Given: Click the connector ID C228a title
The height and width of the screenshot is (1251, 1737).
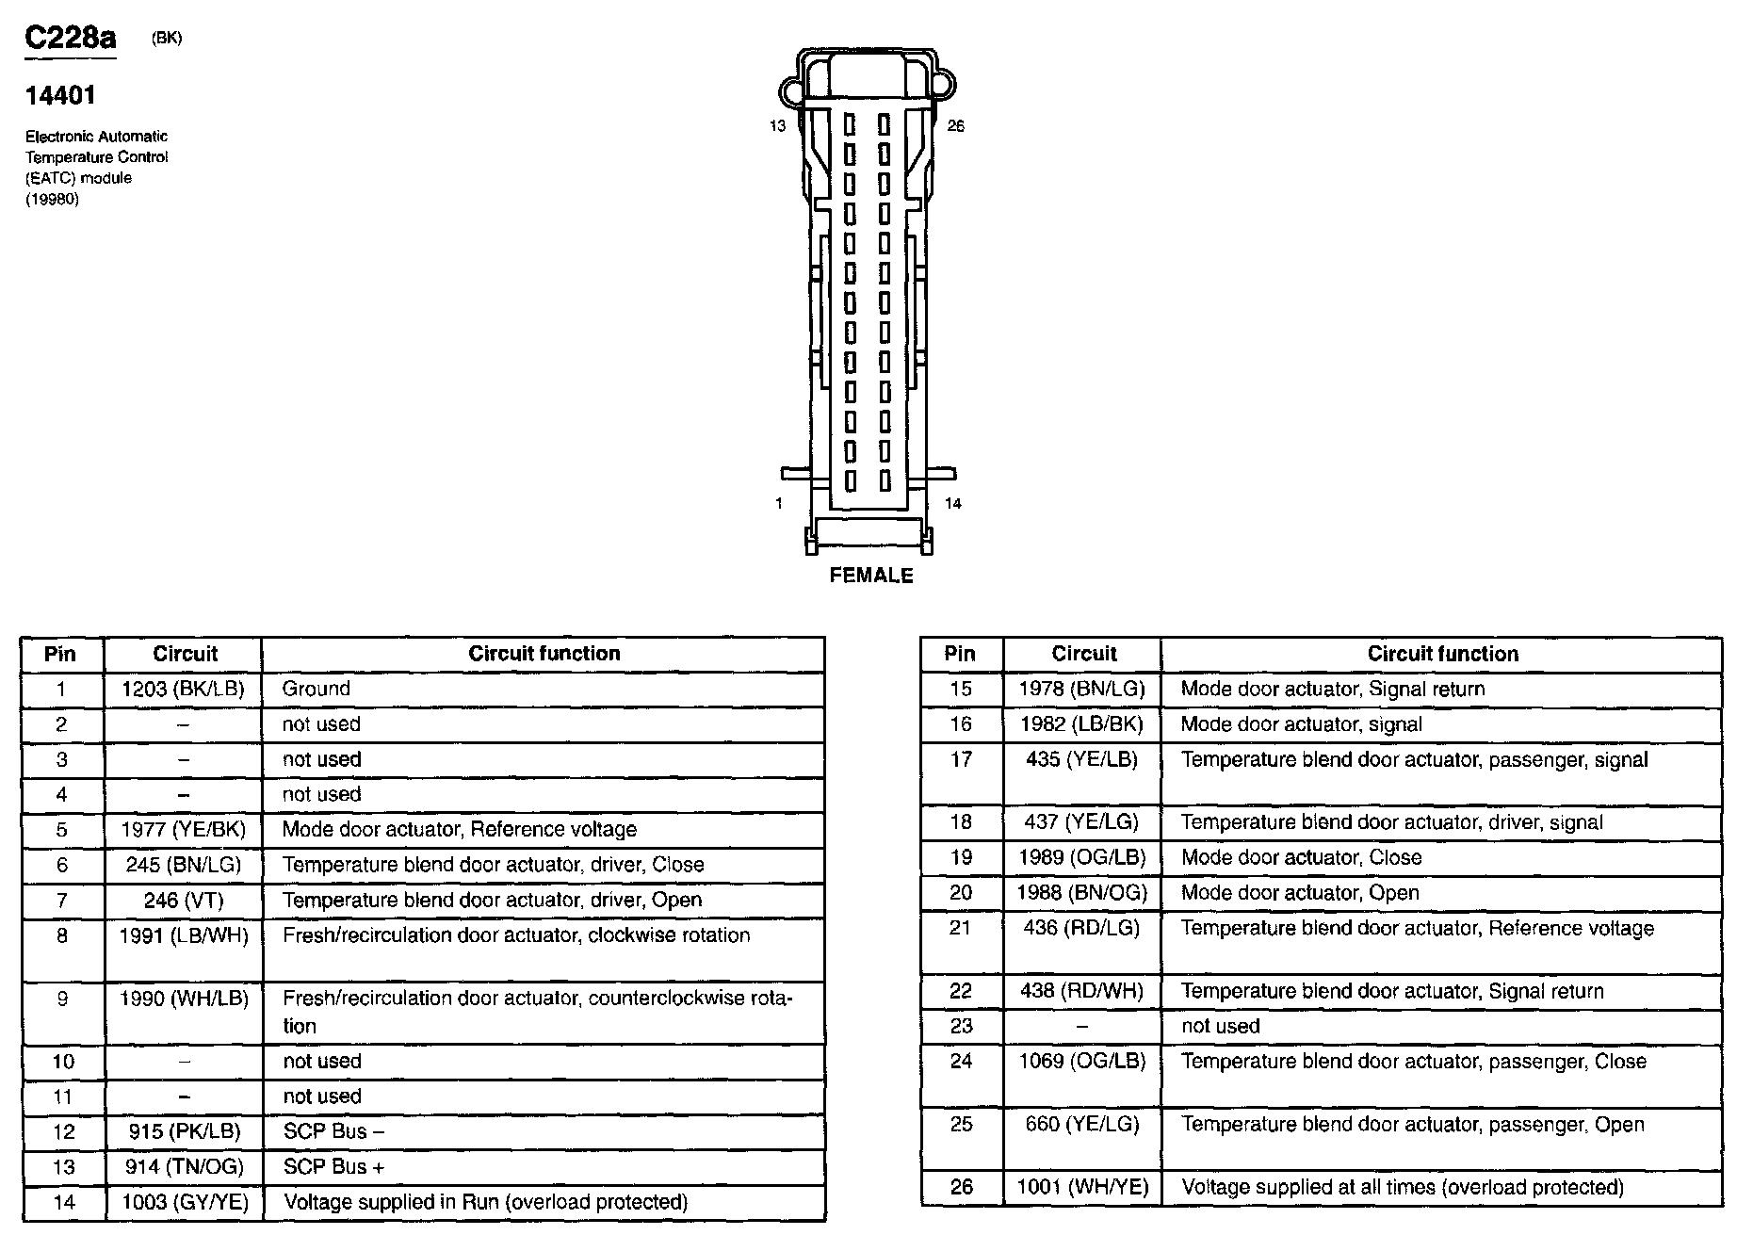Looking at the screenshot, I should tap(70, 38).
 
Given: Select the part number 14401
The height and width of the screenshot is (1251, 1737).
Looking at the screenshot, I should tap(60, 95).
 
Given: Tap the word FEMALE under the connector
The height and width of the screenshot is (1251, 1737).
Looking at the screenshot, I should tap(871, 576).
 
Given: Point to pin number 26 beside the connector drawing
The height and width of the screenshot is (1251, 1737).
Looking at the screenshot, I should tap(955, 126).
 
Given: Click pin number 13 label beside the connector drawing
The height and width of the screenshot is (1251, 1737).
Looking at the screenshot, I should tap(777, 126).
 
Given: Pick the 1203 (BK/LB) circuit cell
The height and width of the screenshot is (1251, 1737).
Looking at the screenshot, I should tap(183, 690).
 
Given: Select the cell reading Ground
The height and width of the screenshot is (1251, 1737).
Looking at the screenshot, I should tap(317, 690).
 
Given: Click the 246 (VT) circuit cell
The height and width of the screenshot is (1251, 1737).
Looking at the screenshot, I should tap(183, 901).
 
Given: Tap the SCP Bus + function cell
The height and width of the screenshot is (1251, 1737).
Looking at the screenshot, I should tap(334, 1167).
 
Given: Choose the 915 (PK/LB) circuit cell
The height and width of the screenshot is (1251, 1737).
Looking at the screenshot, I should tap(183, 1132).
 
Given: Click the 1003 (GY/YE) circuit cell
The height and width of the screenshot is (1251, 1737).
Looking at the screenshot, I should tap(183, 1203).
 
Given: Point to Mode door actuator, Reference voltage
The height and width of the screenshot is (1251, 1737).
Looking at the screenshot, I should tap(460, 830).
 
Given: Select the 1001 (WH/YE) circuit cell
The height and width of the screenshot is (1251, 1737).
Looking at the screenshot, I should tap(1082, 1188).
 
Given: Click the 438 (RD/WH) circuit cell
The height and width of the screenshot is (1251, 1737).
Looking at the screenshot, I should tap(1082, 992).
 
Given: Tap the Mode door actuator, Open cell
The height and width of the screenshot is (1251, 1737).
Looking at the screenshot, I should tap(1300, 893).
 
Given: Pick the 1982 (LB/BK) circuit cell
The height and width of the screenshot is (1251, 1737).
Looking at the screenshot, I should tap(1082, 725).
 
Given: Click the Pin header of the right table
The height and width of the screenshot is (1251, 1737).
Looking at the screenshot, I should tap(960, 654).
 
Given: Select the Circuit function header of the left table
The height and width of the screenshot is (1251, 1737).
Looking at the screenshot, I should tap(544, 654).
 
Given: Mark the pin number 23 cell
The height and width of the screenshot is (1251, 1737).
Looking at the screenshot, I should tap(960, 1027).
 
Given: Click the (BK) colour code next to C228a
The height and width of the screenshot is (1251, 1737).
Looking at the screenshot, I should tap(167, 39).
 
